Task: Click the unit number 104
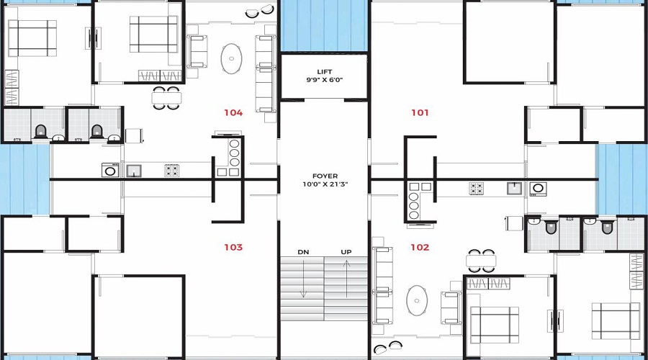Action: (x=233, y=112)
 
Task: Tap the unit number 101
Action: (x=420, y=112)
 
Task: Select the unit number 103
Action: (x=233, y=247)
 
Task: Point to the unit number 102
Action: (x=420, y=247)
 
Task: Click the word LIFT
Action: (x=324, y=71)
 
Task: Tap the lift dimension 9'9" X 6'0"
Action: (x=324, y=81)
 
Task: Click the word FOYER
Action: (x=325, y=176)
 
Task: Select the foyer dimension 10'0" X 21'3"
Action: (x=325, y=185)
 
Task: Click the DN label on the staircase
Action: (x=303, y=252)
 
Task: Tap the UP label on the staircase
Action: (x=346, y=252)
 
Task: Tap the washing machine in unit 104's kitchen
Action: (x=111, y=170)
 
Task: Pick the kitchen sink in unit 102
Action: (x=513, y=189)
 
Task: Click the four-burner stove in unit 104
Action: (x=171, y=171)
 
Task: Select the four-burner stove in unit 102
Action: (x=477, y=189)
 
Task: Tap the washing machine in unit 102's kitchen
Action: (x=538, y=189)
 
